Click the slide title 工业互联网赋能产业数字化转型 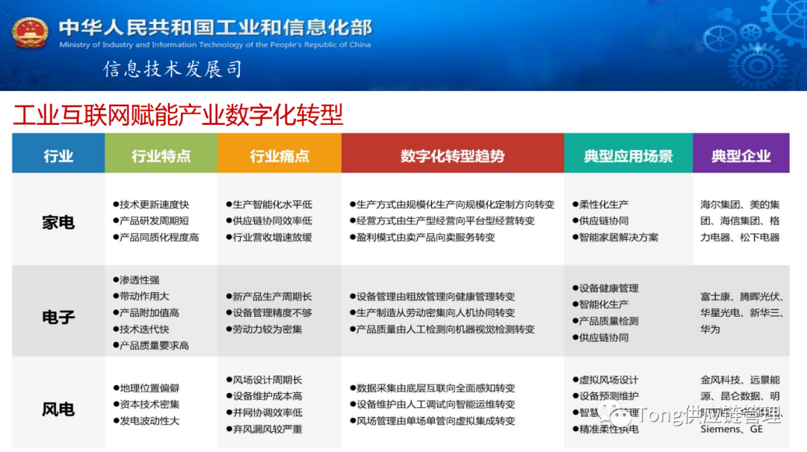click(178, 115)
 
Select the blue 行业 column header click(58, 156)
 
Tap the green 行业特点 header click(161, 156)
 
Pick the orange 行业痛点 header click(279, 156)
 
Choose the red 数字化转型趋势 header click(452, 156)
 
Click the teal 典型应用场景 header click(628, 156)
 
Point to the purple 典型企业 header click(740, 156)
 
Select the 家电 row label click(58, 222)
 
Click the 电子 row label click(58, 317)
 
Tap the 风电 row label click(58, 409)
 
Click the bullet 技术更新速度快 click(154, 204)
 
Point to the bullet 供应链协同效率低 click(272, 220)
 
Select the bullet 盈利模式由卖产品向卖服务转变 click(426, 237)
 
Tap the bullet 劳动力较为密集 click(268, 329)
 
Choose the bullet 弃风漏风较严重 click(268, 429)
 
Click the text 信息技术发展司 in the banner click(173, 69)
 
